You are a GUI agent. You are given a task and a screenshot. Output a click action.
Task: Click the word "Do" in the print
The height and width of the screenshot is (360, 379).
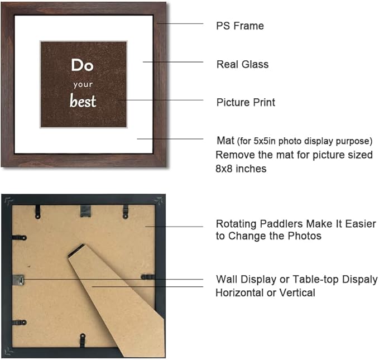pyautogui.click(x=82, y=65)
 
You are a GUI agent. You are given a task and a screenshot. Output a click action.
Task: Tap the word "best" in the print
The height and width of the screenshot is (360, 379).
pyautogui.click(x=83, y=102)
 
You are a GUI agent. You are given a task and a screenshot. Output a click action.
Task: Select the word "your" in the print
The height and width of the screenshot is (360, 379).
pyautogui.click(x=82, y=85)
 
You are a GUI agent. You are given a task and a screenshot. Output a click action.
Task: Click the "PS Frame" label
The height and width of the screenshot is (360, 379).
pyautogui.click(x=240, y=26)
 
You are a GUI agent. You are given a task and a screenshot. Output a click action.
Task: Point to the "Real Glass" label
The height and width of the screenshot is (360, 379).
pyautogui.click(x=242, y=64)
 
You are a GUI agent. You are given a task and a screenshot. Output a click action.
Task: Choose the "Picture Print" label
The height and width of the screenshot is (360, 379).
pyautogui.click(x=246, y=103)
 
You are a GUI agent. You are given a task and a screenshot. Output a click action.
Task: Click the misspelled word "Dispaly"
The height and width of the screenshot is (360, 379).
pyautogui.click(x=357, y=279)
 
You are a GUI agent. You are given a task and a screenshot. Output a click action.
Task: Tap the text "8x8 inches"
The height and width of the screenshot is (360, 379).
pyautogui.click(x=241, y=168)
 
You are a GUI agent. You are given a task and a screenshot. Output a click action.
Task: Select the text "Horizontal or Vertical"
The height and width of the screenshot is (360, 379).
pyautogui.click(x=265, y=292)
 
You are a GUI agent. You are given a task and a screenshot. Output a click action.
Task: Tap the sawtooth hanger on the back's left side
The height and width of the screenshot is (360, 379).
pyautogui.click(x=18, y=279)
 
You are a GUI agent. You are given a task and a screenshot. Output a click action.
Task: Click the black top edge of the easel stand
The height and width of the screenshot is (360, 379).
pyautogui.click(x=76, y=250)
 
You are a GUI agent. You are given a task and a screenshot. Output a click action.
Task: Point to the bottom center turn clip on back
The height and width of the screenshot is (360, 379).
pyautogui.click(x=83, y=338)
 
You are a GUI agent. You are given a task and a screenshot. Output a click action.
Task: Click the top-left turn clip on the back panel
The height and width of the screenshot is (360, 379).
pyautogui.click(x=37, y=211)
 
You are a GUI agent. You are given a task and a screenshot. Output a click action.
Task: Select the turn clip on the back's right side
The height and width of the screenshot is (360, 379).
pyautogui.click(x=148, y=277)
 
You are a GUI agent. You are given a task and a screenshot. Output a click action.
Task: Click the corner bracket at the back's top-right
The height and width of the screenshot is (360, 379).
pyautogui.click(x=160, y=201)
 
